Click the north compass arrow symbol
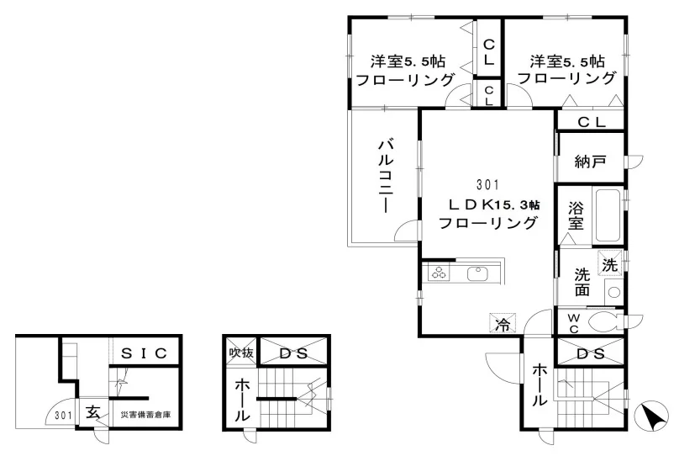[651, 416]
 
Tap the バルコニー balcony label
[386, 177]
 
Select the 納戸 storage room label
[590, 162]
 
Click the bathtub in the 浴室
[608, 215]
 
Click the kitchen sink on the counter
[477, 273]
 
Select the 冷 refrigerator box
[503, 323]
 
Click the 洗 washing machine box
[610, 264]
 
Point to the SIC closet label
[144, 353]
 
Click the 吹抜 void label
[241, 353]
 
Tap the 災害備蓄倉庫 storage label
[146, 415]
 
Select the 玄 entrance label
[92, 412]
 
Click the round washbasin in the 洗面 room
[613, 292]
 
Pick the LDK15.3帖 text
[494, 204]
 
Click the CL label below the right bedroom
[592, 122]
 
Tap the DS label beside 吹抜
[293, 353]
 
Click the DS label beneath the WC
[591, 353]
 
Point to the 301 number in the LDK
[487, 184]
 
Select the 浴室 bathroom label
[576, 216]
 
